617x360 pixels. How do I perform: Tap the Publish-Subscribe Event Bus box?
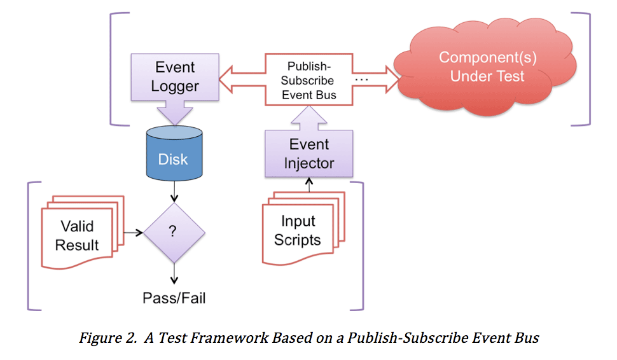(310, 81)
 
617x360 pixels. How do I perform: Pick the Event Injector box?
(308, 153)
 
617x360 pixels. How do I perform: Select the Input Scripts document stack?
(302, 230)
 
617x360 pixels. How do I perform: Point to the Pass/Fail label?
(173, 298)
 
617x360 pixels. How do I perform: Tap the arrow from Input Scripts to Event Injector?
(309, 184)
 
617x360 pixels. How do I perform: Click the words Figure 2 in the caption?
(104, 338)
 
